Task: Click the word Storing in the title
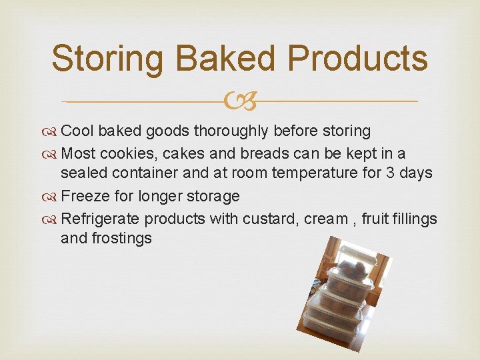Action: [107, 58]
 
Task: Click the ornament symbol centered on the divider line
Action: [240, 101]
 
